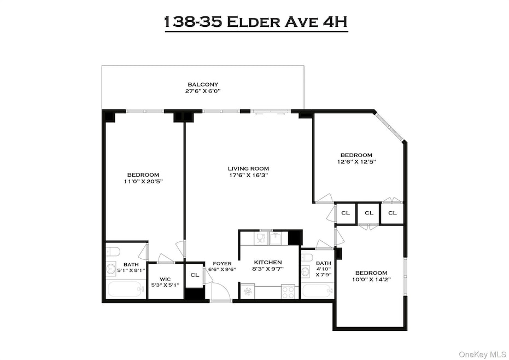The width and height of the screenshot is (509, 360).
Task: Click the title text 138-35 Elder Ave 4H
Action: [256, 22]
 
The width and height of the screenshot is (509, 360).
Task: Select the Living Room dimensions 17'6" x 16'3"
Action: [248, 176]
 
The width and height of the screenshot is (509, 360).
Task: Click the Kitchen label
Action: [268, 266]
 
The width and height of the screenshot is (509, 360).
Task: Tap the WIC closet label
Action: [165, 282]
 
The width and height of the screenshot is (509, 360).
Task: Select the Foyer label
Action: [222, 266]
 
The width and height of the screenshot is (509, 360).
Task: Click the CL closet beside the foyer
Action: [195, 275]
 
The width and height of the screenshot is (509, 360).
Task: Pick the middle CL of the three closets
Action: [369, 213]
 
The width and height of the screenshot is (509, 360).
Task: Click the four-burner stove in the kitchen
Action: [288, 292]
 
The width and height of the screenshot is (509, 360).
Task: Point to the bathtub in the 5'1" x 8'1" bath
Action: [125, 289]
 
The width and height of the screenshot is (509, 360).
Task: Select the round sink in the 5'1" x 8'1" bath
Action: [112, 269]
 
